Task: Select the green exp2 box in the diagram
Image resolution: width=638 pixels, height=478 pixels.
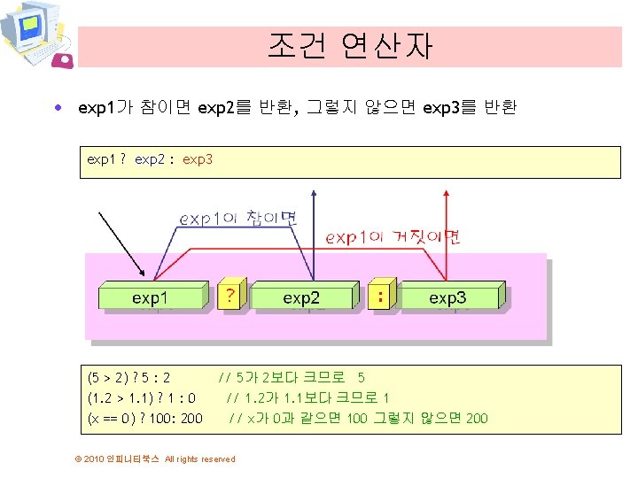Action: [301, 297]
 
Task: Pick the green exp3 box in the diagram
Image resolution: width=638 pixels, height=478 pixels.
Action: [447, 297]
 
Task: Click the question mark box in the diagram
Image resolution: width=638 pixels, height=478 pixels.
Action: [230, 295]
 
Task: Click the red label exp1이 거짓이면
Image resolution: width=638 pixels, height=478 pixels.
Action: [393, 236]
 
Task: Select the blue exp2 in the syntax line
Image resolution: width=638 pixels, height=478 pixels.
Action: [150, 159]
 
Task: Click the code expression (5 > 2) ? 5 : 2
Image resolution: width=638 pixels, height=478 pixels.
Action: [129, 376]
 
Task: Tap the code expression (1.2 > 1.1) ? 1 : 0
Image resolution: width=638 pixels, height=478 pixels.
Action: [142, 397]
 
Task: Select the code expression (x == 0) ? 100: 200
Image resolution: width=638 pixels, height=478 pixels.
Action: [145, 418]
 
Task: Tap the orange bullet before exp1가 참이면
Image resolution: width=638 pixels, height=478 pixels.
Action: [58, 109]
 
